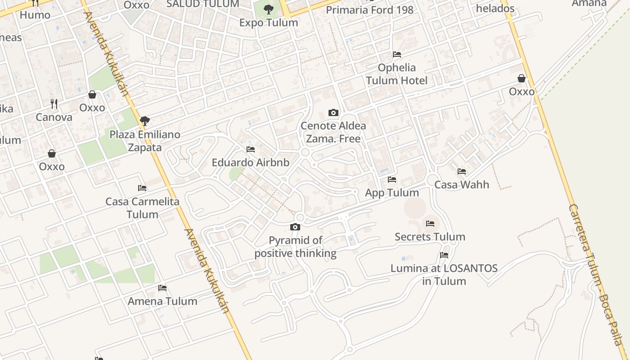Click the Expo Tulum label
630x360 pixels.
(x=269, y=22)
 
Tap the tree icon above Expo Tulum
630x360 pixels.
(x=269, y=9)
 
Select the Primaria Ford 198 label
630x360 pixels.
(x=369, y=10)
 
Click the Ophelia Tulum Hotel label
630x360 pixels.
(x=396, y=74)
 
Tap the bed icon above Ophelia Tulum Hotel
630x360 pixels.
(x=396, y=54)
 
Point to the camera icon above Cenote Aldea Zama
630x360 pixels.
(x=333, y=112)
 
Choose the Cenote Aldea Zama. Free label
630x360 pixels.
(x=333, y=132)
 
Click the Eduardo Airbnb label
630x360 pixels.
(x=251, y=162)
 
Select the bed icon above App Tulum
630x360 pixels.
(x=392, y=180)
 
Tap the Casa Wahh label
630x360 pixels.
(x=462, y=184)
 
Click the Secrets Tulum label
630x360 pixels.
(x=430, y=237)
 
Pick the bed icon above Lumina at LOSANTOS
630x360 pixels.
(x=444, y=255)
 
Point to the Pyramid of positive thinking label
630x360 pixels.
(x=296, y=247)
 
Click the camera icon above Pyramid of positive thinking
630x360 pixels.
(x=295, y=227)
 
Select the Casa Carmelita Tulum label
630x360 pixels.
(x=142, y=208)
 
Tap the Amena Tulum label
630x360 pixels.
(x=162, y=301)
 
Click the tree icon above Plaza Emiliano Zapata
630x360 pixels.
(x=144, y=121)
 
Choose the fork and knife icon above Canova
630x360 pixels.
(x=54, y=104)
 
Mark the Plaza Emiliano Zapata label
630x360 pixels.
(x=145, y=141)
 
